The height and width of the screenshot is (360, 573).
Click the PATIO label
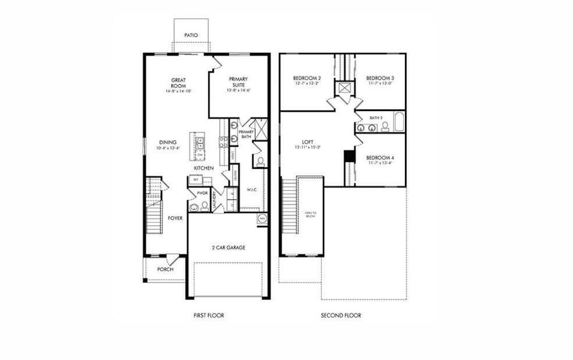[x=191, y=35]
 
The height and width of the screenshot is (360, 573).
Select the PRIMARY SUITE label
[x=238, y=82]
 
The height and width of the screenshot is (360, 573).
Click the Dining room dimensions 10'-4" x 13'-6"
[x=168, y=147]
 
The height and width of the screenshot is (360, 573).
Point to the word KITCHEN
[x=204, y=168]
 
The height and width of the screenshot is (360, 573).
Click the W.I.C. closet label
[x=252, y=190]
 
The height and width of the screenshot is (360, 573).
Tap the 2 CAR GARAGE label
[x=227, y=247]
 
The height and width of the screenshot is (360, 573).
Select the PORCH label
[x=165, y=269]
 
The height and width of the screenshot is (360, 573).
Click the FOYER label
[x=175, y=218]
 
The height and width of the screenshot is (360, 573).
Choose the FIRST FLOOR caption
[x=209, y=315]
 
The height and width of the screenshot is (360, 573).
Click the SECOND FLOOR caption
[x=341, y=315]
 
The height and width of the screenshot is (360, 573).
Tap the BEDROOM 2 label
[x=307, y=79]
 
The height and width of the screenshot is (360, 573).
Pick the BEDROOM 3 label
[x=380, y=79]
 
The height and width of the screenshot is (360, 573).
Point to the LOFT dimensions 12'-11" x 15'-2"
[x=308, y=147]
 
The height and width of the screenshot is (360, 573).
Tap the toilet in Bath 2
[x=385, y=127]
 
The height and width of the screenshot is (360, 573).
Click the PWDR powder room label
[x=194, y=193]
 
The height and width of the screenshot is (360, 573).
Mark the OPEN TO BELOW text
[x=310, y=216]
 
